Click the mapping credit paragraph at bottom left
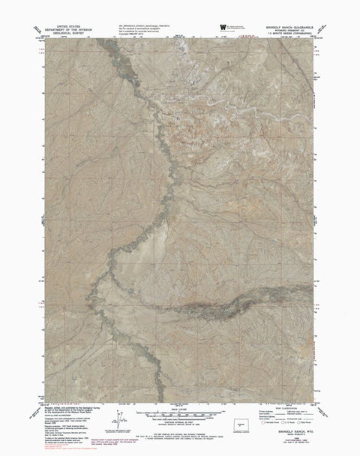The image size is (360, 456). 71,416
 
